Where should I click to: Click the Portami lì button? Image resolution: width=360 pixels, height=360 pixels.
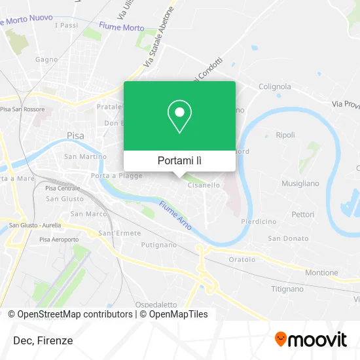click(x=179, y=160)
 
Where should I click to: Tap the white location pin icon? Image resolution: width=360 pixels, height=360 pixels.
click(x=179, y=117)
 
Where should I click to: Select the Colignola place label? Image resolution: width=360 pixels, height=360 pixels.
click(x=274, y=86)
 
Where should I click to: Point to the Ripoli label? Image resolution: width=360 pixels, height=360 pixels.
click(x=285, y=135)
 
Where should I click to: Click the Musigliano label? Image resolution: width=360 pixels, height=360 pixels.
click(x=300, y=184)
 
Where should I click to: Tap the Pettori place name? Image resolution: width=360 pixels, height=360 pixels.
click(x=303, y=214)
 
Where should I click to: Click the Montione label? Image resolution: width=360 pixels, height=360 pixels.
click(x=322, y=272)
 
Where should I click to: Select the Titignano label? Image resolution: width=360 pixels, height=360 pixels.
click(x=287, y=289)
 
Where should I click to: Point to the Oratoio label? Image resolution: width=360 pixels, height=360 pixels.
click(x=242, y=259)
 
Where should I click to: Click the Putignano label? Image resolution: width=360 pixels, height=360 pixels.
click(x=159, y=245)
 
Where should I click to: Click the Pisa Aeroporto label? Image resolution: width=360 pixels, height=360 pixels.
click(x=60, y=240)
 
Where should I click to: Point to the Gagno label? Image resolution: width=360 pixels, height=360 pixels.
click(x=47, y=59)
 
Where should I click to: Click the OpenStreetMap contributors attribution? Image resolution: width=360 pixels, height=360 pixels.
click(x=75, y=314)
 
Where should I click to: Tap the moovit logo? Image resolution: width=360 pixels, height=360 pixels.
click(x=311, y=339)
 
